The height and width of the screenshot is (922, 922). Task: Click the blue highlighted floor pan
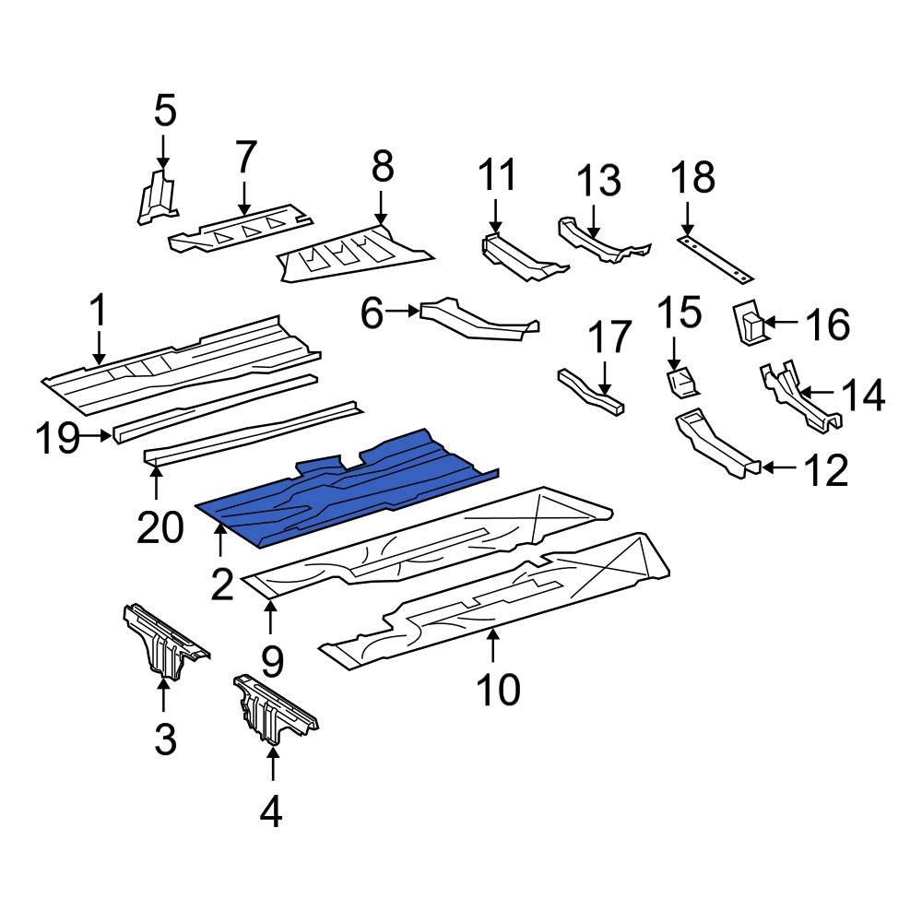coord(347,488)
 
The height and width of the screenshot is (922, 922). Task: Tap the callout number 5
coord(165,112)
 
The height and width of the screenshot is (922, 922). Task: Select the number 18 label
coord(693,178)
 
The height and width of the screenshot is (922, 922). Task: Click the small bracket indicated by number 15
coord(681,384)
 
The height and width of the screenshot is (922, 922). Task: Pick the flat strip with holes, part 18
coord(715,259)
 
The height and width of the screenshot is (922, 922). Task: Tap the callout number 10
coord(499,689)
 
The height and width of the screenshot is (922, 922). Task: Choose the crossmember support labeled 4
coord(274,708)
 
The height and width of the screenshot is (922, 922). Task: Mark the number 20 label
coord(160,527)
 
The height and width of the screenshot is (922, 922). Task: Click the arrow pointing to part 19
coord(96,436)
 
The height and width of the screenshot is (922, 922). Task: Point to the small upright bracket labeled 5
coord(157,197)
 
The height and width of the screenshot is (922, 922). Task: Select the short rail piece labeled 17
coord(591,392)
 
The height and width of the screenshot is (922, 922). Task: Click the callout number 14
coord(863,395)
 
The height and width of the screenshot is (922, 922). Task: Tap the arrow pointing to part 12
coord(780,467)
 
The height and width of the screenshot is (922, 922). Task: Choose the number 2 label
coord(222,585)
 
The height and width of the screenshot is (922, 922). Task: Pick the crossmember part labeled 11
coord(524,257)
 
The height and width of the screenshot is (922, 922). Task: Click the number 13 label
coord(598,180)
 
